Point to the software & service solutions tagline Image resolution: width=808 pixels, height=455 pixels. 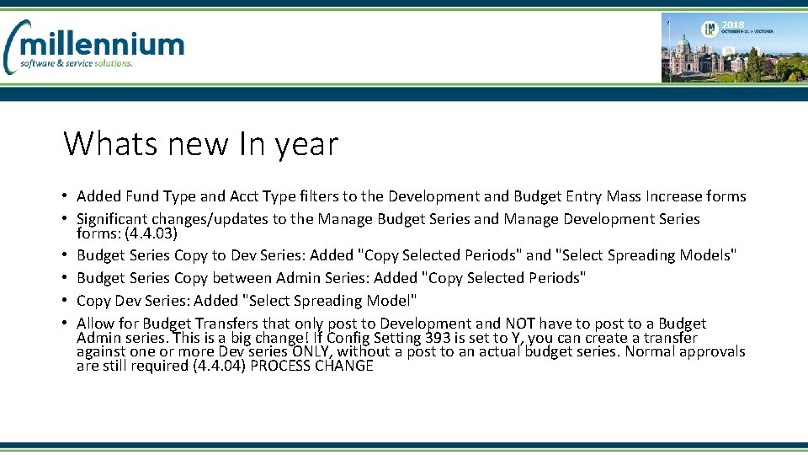pyautogui.click(x=77, y=64)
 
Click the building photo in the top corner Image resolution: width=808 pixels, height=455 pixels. pyautogui.click(x=731, y=47)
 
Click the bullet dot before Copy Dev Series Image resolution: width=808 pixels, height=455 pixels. pyautogui.click(x=65, y=301)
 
